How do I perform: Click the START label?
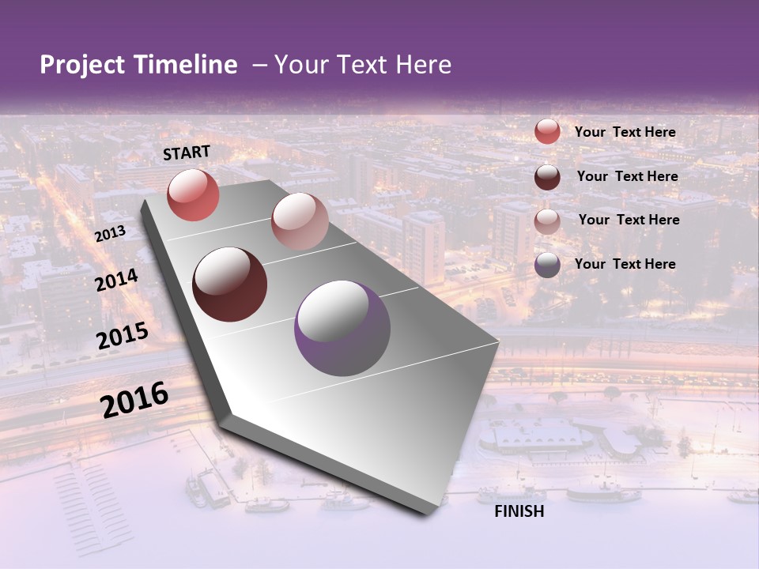coord(187,153)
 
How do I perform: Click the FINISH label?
coord(519,511)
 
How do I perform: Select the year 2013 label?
coord(110,235)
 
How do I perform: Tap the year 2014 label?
coord(117,280)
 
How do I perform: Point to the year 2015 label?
coord(123,336)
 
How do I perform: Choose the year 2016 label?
coord(134,399)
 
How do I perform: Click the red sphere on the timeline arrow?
coord(193,195)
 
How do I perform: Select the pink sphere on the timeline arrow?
coord(300,220)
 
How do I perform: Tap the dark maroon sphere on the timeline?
coord(230,284)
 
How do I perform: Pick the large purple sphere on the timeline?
coord(342,328)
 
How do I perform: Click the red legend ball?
coord(547,132)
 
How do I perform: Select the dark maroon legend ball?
coord(547,177)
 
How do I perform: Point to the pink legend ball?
coord(547,221)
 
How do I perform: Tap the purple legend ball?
coord(547,266)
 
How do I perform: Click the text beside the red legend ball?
coord(625,132)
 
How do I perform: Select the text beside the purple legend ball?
coord(625,264)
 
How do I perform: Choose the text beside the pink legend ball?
coord(629,220)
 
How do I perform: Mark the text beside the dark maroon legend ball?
coord(627,176)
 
